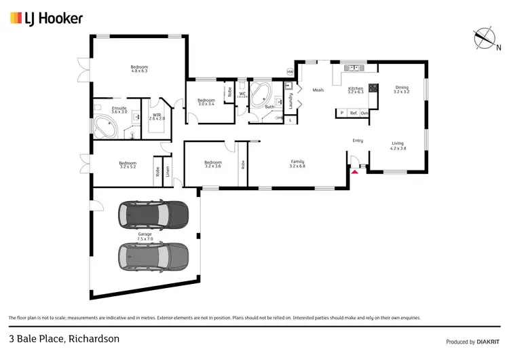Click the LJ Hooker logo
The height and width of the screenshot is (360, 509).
coord(46,18)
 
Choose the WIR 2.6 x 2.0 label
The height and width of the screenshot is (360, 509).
coord(157,117)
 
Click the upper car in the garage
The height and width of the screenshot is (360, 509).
coord(153,215)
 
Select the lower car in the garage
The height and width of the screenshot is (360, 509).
coord(153,256)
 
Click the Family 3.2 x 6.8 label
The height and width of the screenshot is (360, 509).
coord(297,164)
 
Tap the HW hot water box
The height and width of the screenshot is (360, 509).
coord(290,72)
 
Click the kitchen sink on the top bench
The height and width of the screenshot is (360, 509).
coord(353,68)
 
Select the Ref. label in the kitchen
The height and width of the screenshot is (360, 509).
coord(353,113)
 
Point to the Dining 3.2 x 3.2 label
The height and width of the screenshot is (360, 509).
coord(402,89)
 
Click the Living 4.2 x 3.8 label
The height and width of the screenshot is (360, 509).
coord(398,145)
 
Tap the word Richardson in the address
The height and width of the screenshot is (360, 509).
coord(92,338)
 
